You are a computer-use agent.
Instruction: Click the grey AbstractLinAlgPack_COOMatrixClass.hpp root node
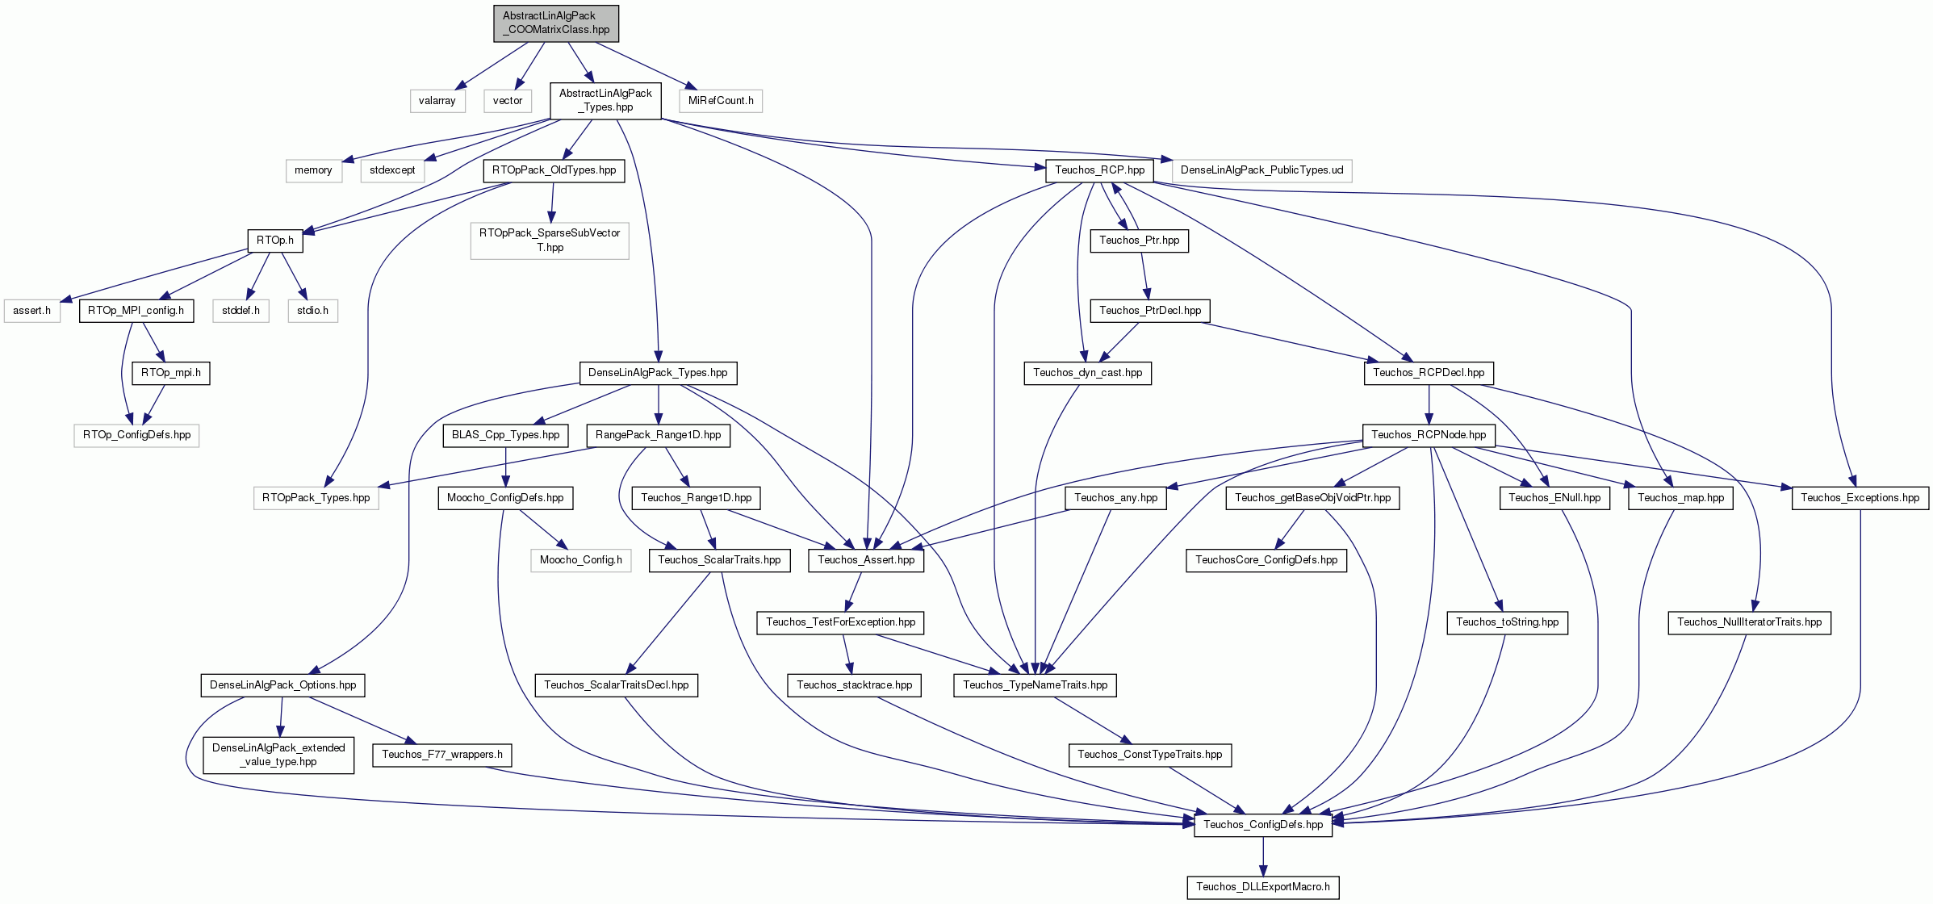point(556,23)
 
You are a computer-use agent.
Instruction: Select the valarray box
point(437,101)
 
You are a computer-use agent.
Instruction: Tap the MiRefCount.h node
point(721,101)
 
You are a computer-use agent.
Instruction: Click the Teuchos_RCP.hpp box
point(1099,170)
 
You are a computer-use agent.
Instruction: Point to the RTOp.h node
point(274,241)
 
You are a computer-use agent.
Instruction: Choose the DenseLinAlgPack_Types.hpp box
point(658,373)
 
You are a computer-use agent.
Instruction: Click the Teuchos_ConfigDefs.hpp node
point(1263,825)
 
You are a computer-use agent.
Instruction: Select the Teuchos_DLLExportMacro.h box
point(1263,887)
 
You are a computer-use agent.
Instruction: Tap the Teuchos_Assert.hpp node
point(866,560)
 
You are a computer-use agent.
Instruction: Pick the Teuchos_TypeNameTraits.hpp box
point(1036,685)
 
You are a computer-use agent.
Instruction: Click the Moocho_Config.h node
point(581,560)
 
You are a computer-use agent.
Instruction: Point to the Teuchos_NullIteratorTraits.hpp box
point(1750,622)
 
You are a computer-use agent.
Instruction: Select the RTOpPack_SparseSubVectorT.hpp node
point(550,241)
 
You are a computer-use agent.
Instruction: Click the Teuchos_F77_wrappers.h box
point(442,755)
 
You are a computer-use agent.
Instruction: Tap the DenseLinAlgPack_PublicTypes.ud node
point(1261,170)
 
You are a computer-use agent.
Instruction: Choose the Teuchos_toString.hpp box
point(1508,622)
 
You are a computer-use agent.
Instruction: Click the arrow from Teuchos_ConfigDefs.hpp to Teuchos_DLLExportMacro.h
point(1263,856)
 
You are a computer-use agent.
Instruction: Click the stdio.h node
point(312,311)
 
